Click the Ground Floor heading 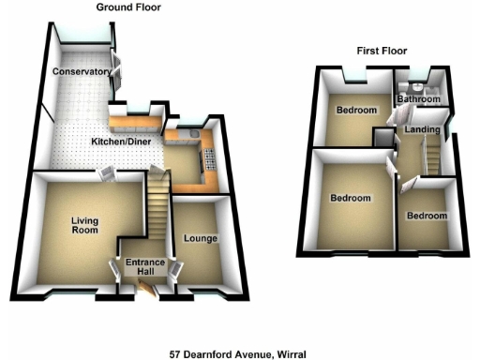[128, 7]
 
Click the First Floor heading [384, 50]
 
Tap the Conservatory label [82, 72]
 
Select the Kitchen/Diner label [124, 142]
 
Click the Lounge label [202, 239]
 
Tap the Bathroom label [418, 98]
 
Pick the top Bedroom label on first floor [356, 111]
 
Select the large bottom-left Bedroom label [350, 199]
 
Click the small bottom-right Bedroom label [427, 216]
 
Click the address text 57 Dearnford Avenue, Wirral [238, 353]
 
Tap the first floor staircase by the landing [432, 154]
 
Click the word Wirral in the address [292, 353]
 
